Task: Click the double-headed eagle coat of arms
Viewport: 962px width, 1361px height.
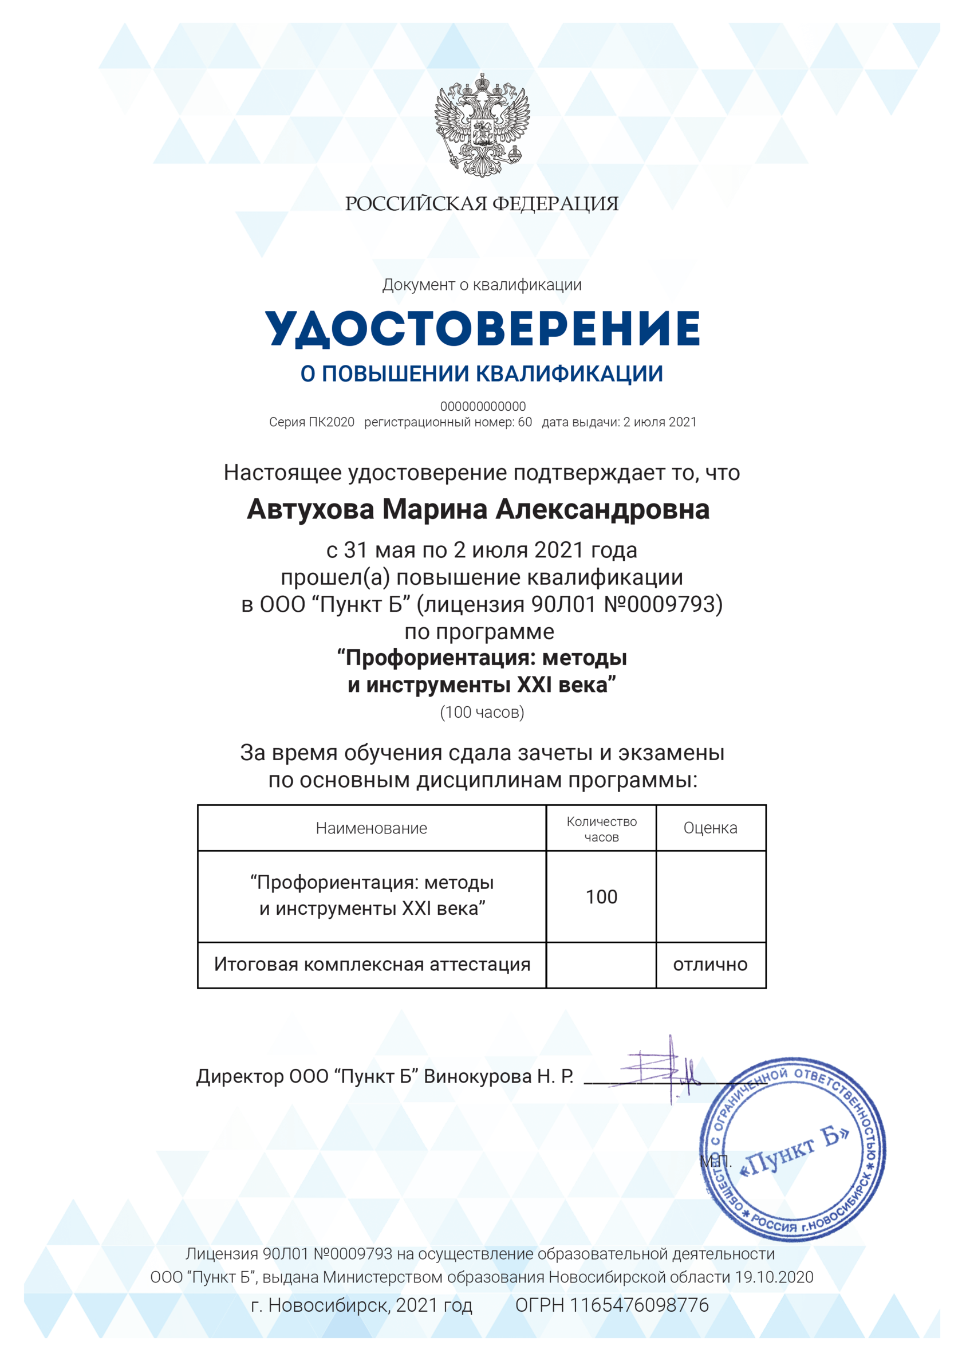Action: click(x=482, y=125)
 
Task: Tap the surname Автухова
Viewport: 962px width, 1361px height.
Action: click(x=310, y=509)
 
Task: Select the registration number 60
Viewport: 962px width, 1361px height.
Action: click(x=525, y=422)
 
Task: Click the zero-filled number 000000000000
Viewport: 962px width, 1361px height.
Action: click(x=483, y=407)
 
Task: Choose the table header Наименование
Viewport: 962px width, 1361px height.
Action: click(x=371, y=828)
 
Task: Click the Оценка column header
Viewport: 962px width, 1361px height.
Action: click(x=710, y=828)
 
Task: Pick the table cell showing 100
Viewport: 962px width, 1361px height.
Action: click(x=601, y=897)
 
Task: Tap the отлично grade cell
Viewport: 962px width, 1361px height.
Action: click(x=710, y=965)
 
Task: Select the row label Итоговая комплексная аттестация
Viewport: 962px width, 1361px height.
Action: click(x=372, y=965)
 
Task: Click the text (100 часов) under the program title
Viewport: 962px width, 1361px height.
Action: click(x=482, y=712)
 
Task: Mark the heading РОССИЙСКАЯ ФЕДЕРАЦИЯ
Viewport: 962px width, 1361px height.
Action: click(x=482, y=204)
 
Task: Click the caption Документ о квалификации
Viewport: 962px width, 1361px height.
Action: click(x=482, y=285)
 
